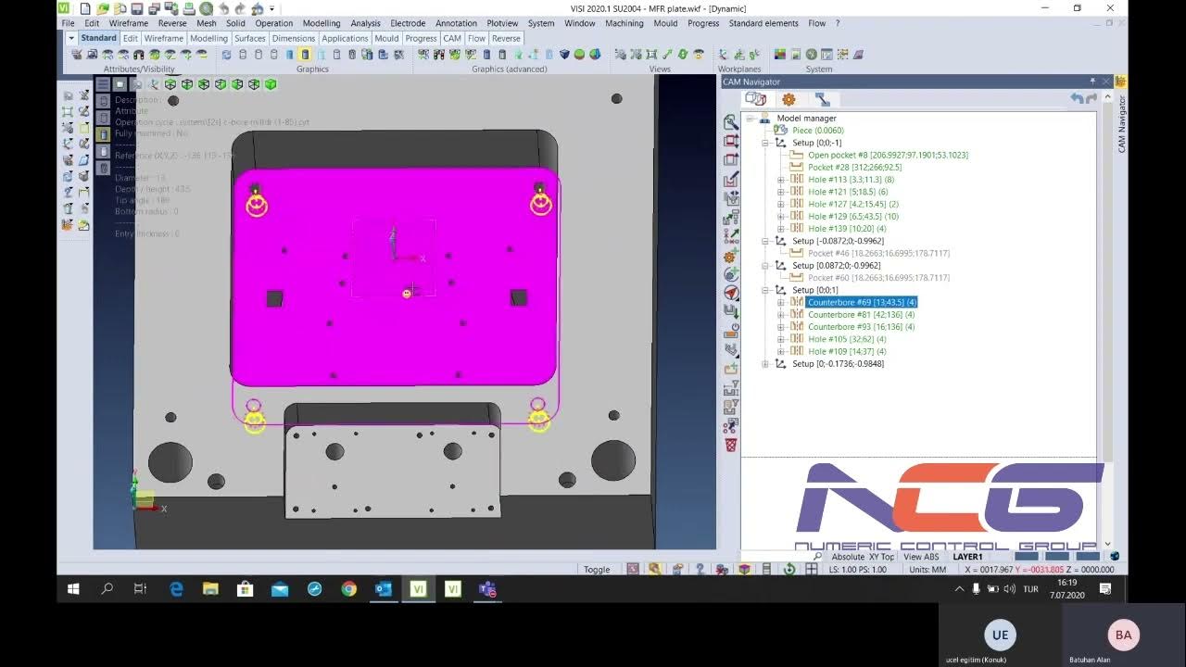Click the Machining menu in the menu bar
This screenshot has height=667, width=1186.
click(x=625, y=23)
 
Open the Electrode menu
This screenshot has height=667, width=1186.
click(x=408, y=23)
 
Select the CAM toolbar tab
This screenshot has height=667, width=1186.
click(x=451, y=38)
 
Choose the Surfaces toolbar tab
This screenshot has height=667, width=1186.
click(x=249, y=38)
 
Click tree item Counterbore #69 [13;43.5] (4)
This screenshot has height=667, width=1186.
click(x=862, y=302)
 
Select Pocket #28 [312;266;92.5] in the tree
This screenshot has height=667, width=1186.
click(x=854, y=168)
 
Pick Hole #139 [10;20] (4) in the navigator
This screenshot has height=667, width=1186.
click(x=847, y=228)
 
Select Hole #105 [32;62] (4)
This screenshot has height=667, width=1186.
click(x=847, y=339)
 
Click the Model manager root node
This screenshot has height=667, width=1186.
click(x=806, y=119)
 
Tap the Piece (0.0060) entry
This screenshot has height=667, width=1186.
click(x=817, y=131)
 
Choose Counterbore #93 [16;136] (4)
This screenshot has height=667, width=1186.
click(x=861, y=327)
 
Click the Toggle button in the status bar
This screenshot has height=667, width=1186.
click(x=597, y=570)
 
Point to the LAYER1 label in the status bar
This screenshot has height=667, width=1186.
click(x=967, y=557)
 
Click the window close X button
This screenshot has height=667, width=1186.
click(x=1110, y=8)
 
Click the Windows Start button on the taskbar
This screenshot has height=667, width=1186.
click(x=73, y=588)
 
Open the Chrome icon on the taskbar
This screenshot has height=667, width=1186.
click(x=348, y=588)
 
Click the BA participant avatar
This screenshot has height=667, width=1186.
click(x=1123, y=635)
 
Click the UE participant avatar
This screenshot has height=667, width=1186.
click(x=1000, y=635)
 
